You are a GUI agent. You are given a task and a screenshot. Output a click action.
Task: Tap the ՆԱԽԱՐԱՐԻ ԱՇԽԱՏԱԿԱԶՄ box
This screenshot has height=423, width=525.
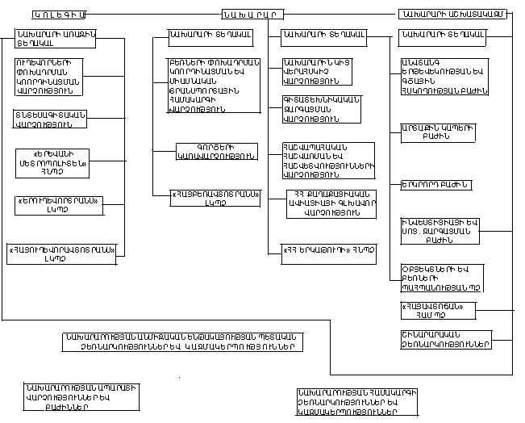pos(453,15)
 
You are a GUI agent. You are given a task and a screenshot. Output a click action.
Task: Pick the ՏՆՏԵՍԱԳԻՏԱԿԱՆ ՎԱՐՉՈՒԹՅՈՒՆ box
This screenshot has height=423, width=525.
pos(50,119)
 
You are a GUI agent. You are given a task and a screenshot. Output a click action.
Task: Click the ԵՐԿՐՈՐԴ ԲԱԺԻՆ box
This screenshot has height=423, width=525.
pos(435,186)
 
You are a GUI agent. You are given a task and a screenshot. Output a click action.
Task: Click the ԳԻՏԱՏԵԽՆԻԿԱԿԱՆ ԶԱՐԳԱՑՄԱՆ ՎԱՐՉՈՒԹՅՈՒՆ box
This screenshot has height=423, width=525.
pos(320,109)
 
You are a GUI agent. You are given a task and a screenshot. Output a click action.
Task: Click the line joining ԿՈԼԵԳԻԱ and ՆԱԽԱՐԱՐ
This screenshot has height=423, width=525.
pos(153,15)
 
